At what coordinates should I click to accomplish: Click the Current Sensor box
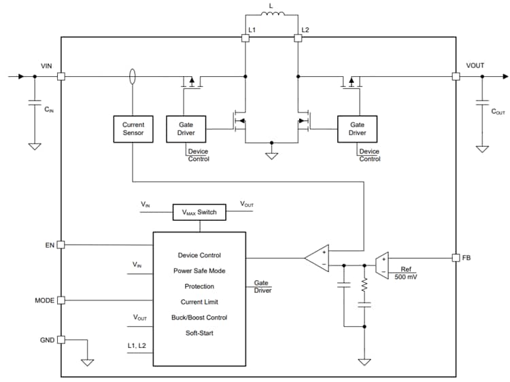(133, 129)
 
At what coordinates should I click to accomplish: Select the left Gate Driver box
(186, 129)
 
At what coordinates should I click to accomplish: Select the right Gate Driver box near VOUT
(357, 129)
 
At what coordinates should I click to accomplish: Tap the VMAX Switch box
(198, 212)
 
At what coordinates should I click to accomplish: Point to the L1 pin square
(245, 39)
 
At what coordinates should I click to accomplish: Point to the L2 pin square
(298, 39)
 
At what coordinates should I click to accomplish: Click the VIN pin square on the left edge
(61, 77)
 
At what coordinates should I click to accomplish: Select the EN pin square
(61, 245)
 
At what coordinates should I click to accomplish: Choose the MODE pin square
(61, 300)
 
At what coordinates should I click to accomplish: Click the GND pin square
(61, 339)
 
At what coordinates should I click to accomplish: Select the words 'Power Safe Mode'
(199, 271)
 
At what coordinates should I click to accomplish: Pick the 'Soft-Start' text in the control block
(199, 333)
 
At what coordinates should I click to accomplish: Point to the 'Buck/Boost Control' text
(199, 317)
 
